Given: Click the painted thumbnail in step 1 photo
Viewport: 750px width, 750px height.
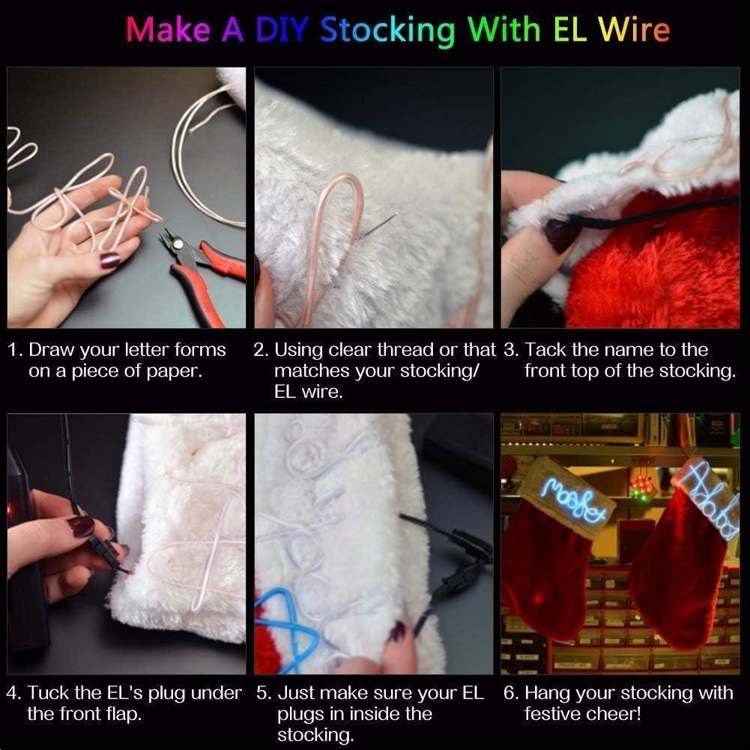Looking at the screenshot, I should coord(109,260).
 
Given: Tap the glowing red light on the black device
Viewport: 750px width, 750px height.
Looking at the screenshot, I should coord(10,512).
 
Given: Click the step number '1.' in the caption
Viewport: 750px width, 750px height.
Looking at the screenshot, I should coord(15,350).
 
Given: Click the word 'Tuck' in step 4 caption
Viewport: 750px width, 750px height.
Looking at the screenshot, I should coord(46,693).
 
